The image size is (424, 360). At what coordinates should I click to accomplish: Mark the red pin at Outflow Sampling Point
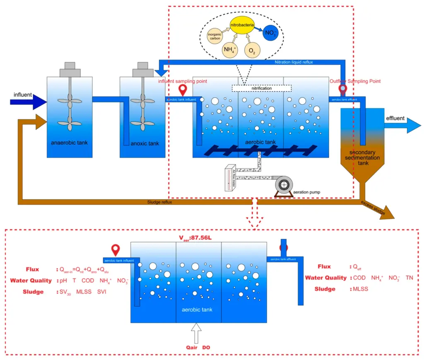pos(342,89)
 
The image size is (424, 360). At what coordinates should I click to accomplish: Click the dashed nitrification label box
pos(261,88)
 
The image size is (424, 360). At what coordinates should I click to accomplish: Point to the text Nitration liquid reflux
pos(294,63)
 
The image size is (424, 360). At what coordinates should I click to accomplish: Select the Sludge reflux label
pos(159,202)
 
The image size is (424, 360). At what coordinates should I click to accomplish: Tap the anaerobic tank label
pos(70,143)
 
